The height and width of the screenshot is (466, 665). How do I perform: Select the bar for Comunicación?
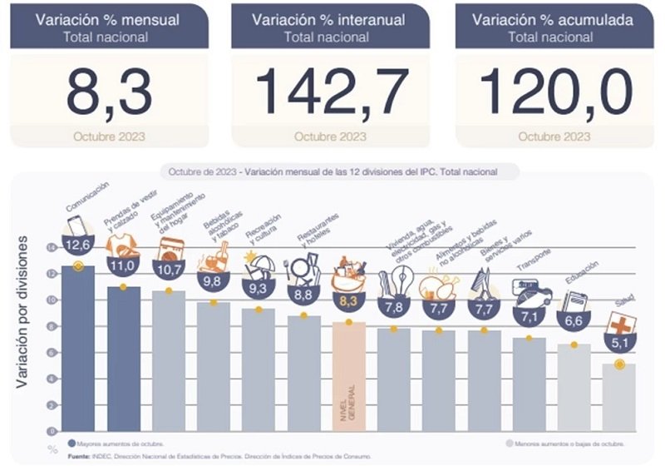click(78, 349)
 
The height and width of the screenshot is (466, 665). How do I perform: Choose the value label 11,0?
click(123, 266)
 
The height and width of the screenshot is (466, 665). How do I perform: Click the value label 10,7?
click(168, 270)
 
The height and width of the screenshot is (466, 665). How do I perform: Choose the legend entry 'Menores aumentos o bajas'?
click(564, 444)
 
